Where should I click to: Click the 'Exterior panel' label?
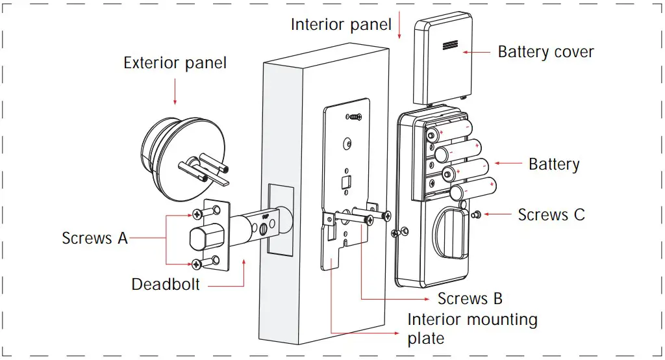pyautogui.click(x=175, y=63)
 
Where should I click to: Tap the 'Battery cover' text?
pyautogui.click(x=546, y=52)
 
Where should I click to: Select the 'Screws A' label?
pyautogui.click(x=95, y=238)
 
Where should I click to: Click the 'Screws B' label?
pyautogui.click(x=470, y=298)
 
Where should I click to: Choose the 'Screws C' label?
pyautogui.click(x=551, y=214)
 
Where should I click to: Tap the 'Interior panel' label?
pyautogui.click(x=341, y=25)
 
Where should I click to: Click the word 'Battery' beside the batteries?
pyautogui.click(x=554, y=164)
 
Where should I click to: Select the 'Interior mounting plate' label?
pyautogui.click(x=472, y=328)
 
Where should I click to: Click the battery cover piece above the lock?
pyautogui.click(x=442, y=58)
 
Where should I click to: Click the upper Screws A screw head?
pyautogui.click(x=197, y=214)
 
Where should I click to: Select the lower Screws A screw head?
pyautogui.click(x=197, y=263)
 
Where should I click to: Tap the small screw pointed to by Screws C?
pyautogui.click(x=476, y=214)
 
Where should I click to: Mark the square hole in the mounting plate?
pyautogui.click(x=347, y=181)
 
